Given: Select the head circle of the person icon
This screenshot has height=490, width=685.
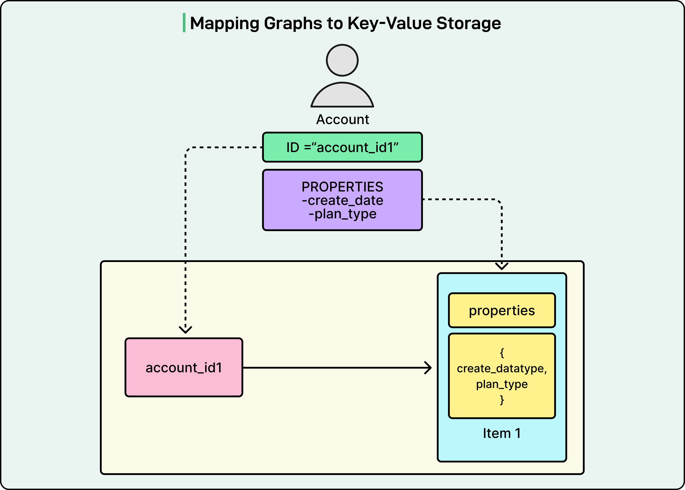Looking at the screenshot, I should click(x=342, y=60).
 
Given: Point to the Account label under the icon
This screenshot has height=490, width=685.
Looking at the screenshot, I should click(x=342, y=120).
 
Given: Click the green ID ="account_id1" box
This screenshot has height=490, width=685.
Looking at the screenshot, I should click(x=342, y=147).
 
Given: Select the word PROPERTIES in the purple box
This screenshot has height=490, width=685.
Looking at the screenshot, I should click(x=342, y=187).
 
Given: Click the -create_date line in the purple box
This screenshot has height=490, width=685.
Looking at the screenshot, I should click(x=342, y=200).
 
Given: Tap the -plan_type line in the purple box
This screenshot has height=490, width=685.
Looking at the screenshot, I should click(x=342, y=214).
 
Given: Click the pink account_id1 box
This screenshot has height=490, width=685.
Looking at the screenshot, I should click(x=184, y=367).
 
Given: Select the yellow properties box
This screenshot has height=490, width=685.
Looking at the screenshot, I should click(x=502, y=310).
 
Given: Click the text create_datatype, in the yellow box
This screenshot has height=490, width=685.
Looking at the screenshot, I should click(x=502, y=368).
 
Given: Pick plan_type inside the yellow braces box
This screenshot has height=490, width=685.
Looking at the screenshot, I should click(x=502, y=384).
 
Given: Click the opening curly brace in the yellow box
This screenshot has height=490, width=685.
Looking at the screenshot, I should click(x=502, y=353).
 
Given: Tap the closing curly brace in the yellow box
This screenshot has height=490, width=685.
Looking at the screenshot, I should click(x=502, y=400).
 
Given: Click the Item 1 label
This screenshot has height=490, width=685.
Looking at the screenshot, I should click(x=502, y=433).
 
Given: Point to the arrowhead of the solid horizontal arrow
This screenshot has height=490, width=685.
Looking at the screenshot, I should click(x=429, y=368).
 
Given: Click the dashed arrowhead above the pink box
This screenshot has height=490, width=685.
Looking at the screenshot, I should click(x=185, y=329).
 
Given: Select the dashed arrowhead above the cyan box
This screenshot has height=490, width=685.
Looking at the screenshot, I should click(x=502, y=266).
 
